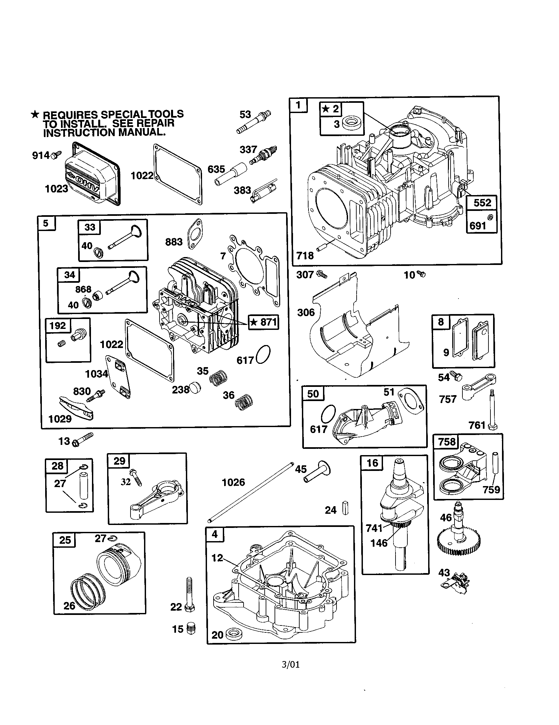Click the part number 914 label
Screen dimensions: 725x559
[x=40, y=155]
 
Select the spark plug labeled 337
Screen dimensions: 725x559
[x=264, y=154]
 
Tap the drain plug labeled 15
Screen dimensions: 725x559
[x=191, y=628]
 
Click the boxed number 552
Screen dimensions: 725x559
[x=482, y=202]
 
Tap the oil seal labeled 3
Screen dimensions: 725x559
[x=349, y=124]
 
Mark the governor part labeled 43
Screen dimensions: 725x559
[x=458, y=584]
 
